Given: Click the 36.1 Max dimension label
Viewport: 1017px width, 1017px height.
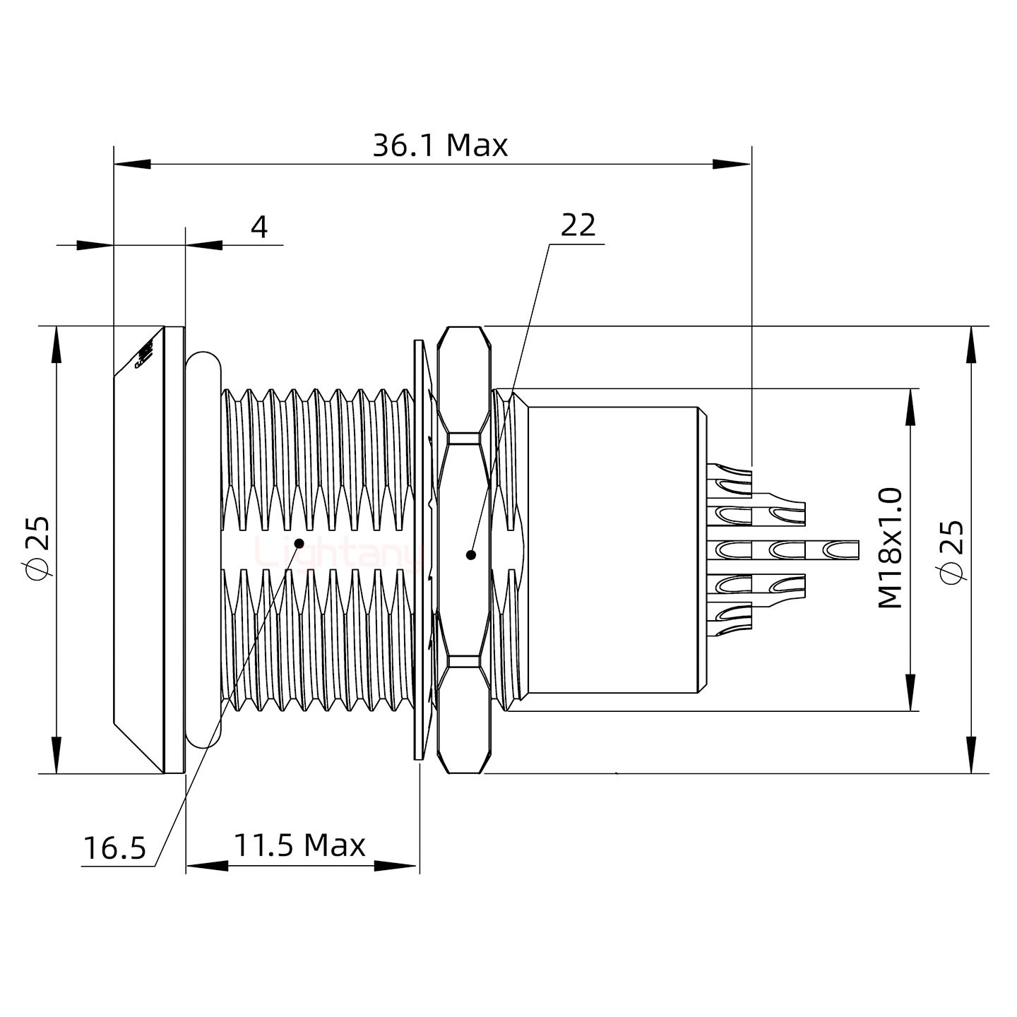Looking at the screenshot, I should pos(439,146).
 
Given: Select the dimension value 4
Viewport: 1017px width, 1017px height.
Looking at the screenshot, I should pos(260,227).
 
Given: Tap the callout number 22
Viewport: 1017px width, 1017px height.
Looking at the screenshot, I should pos(578,226).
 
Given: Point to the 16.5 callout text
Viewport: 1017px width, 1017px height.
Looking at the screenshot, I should pos(114,848).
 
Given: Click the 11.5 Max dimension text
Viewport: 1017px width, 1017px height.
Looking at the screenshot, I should pos(299,845).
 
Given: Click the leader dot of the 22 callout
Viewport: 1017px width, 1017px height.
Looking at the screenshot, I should pos(470,555).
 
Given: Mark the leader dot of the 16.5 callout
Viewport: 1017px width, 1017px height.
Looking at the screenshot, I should pos(299,543).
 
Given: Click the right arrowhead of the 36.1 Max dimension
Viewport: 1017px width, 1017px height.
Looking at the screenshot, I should pos(732,165).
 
